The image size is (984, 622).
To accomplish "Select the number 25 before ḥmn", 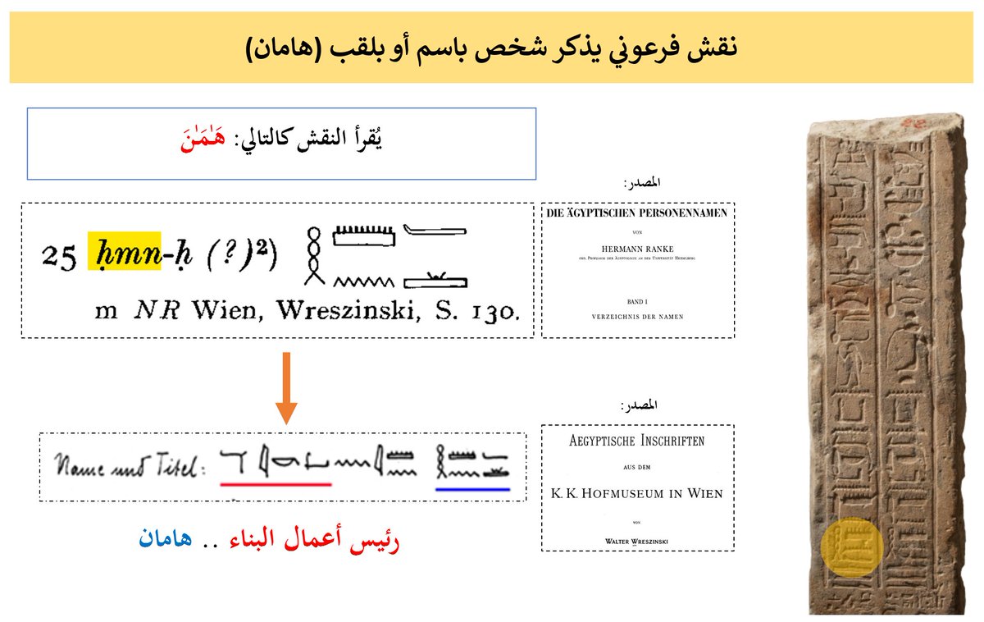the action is pos(59,257).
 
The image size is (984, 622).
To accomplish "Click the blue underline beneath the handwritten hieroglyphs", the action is pos(472,488).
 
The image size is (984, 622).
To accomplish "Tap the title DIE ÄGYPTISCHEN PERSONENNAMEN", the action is pos(637,214).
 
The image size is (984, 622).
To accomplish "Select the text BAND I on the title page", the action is pos(637,301).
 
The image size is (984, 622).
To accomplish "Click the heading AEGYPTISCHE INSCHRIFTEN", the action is pos(637,441).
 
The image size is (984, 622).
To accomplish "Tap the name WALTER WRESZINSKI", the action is pos(637,540).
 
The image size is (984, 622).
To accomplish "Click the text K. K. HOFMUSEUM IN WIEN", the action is pos(637,494).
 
